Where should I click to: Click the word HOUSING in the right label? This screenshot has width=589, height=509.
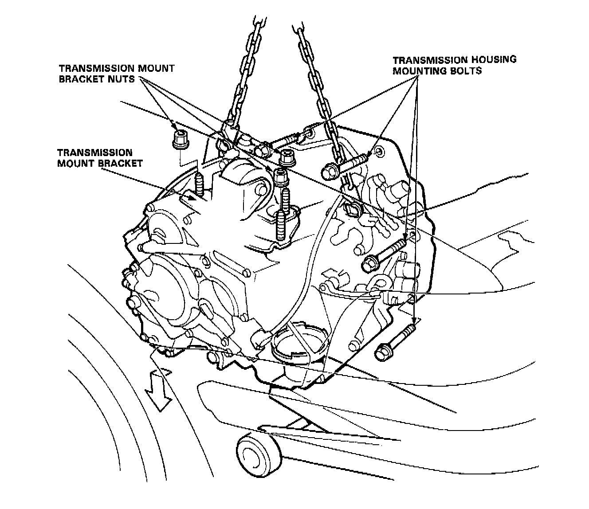point(491,59)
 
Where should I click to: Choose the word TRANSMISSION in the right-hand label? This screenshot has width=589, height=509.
point(428,59)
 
